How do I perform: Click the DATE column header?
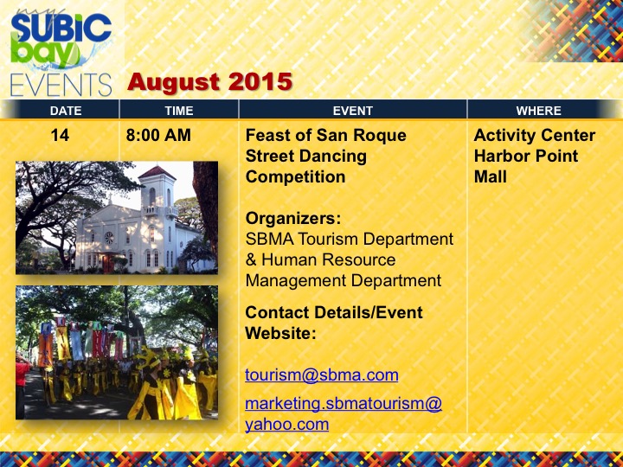click(x=66, y=111)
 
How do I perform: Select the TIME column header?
click(x=179, y=111)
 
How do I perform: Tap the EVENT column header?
click(x=353, y=111)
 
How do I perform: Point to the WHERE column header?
click(x=539, y=111)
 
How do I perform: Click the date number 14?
click(x=60, y=136)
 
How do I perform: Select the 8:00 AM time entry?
click(x=158, y=136)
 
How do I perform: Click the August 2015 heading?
click(x=209, y=82)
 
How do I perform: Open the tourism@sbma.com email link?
click(x=322, y=375)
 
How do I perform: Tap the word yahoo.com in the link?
click(x=287, y=425)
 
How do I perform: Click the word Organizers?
click(x=293, y=219)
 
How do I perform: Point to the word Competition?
click(x=296, y=176)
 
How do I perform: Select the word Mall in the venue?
click(x=491, y=176)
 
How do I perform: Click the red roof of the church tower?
click(x=157, y=173)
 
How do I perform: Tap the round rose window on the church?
click(x=109, y=238)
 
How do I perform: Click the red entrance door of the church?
click(x=108, y=264)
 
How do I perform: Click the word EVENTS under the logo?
click(x=61, y=85)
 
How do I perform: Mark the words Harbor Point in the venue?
click(x=526, y=156)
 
